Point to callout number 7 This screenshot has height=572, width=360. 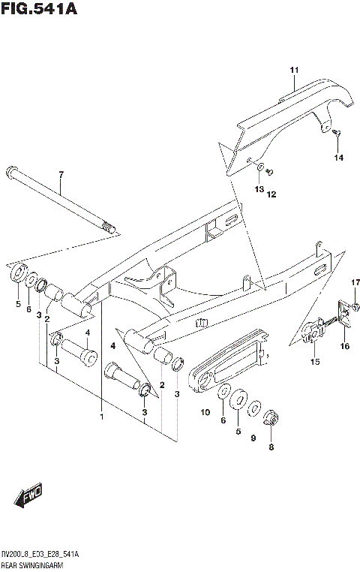point(61,174)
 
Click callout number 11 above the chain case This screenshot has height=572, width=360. point(294,71)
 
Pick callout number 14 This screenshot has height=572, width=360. point(338,157)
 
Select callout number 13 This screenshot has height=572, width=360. point(257,189)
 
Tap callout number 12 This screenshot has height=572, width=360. point(271,194)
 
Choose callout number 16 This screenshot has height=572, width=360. point(345,346)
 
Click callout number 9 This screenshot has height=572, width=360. point(253,438)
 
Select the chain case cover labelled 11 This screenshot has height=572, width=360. point(285,120)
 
